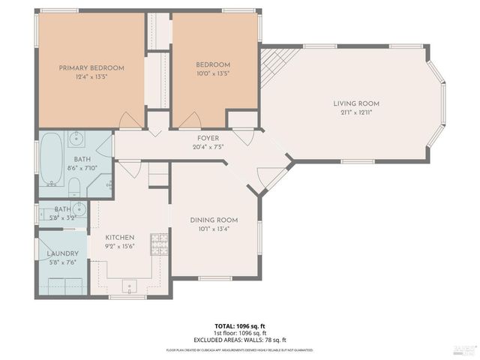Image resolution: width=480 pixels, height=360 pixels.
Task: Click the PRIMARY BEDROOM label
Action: pos(91,67)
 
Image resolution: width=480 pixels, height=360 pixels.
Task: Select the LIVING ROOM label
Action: pos(356,103)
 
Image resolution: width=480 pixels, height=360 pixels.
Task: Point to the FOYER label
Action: pos(208,138)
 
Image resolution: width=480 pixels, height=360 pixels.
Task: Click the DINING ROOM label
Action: pos(214,220)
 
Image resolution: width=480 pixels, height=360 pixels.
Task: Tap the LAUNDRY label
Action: pos(62,253)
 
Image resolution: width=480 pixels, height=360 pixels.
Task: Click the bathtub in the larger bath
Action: pos(51,158)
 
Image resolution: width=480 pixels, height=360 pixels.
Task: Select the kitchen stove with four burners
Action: pos(160,242)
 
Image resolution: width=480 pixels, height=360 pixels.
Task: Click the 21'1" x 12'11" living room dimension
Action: pos(356,112)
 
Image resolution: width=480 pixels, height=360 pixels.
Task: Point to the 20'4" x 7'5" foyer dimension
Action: pos(208,147)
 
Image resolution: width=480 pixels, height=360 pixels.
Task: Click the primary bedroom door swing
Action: pos(130,120)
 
